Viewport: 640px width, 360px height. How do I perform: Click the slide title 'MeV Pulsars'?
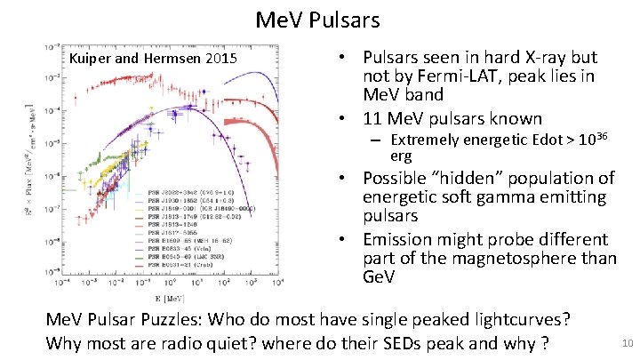click(x=317, y=19)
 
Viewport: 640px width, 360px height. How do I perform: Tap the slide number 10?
click(x=626, y=343)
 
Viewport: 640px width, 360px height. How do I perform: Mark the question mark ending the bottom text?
click(x=543, y=343)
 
